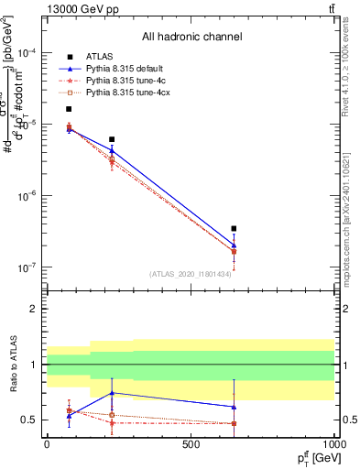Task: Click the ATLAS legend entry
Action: (x=98, y=58)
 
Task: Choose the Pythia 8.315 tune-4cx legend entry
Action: (x=129, y=93)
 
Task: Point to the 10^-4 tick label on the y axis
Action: (x=26, y=53)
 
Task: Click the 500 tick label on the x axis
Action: (x=191, y=444)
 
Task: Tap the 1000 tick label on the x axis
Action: (x=333, y=444)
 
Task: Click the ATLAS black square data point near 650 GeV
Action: (x=234, y=229)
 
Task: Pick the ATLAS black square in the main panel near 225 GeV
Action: (x=112, y=139)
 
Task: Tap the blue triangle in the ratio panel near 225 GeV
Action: (x=112, y=393)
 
